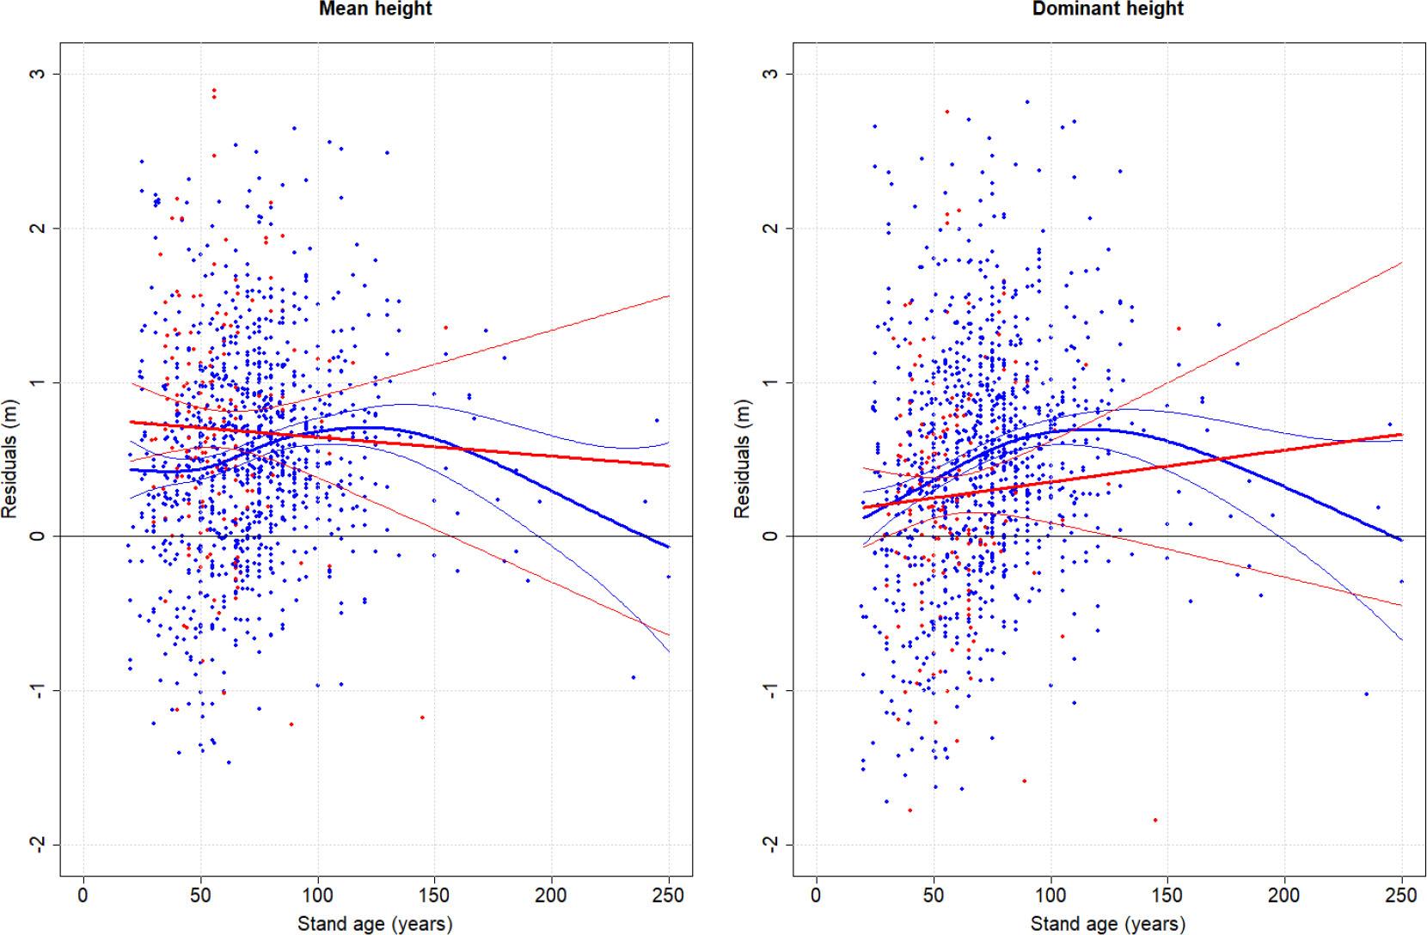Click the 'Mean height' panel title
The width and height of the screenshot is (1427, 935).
click(376, 9)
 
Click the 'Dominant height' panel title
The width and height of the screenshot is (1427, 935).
click(1108, 9)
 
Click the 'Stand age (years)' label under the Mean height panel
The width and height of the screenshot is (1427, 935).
click(375, 925)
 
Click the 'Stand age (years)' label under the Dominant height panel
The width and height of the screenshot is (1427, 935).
click(1108, 925)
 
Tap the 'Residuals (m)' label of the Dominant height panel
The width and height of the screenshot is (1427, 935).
click(741, 458)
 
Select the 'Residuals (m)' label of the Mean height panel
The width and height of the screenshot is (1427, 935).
click(9, 458)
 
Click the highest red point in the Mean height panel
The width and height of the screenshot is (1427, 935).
click(214, 90)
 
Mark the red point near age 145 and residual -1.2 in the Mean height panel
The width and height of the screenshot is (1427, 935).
click(422, 717)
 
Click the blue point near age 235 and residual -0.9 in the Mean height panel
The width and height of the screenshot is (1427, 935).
click(634, 677)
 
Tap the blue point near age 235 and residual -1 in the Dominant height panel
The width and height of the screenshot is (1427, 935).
click(1366, 694)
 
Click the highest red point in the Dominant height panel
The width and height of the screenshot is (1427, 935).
click(946, 111)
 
